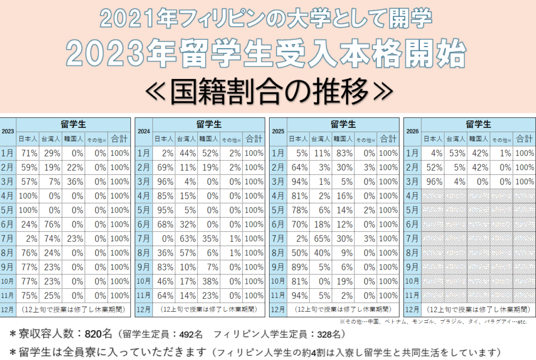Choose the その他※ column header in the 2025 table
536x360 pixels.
pos(365,139)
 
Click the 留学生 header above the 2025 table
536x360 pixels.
pos(343,125)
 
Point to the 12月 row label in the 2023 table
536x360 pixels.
pos(8,310)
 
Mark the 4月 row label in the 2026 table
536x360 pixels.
pos(412,196)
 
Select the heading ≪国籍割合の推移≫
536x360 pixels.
pos(268,90)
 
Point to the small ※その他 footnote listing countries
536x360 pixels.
pos(433,321)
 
